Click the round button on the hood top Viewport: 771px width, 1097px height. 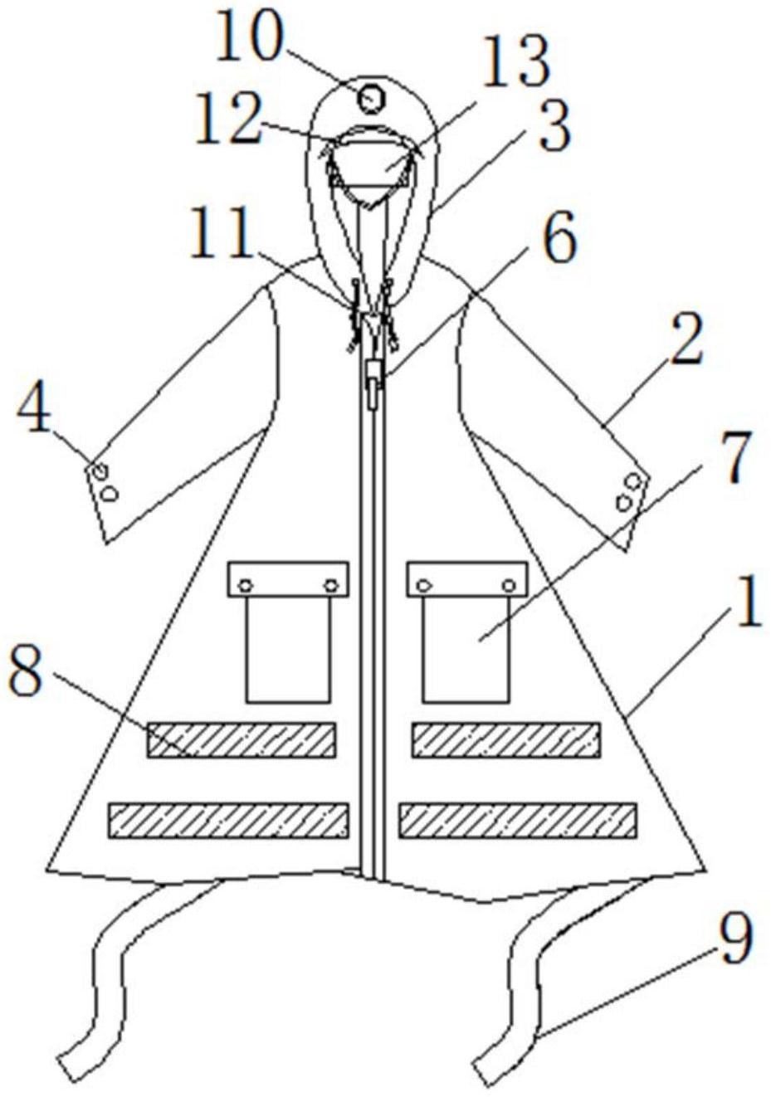(x=371, y=100)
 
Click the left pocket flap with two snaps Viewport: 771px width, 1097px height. (x=288, y=579)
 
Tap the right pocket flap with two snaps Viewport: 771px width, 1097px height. (x=467, y=579)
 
